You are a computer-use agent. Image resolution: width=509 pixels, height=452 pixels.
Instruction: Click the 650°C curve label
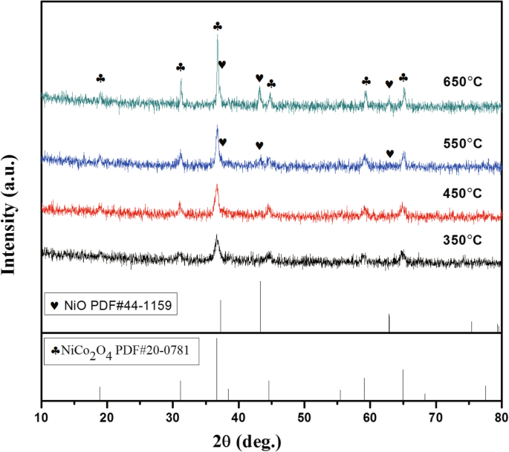(x=463, y=81)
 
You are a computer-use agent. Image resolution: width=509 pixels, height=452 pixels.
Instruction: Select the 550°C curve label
(x=463, y=144)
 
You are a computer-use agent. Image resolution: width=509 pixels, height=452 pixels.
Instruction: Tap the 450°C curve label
(x=463, y=194)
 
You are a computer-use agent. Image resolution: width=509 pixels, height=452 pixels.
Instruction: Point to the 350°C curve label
(x=463, y=240)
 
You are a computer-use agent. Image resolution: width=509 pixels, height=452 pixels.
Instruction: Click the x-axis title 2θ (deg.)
(x=246, y=442)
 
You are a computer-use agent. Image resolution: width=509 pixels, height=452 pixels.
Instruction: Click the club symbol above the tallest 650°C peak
(x=217, y=26)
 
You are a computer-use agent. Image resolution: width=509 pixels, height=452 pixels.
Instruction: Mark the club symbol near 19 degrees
(x=101, y=78)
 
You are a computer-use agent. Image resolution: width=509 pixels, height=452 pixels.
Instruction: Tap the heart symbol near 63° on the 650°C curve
(x=389, y=84)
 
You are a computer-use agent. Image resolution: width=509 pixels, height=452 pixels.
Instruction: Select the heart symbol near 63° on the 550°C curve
(x=390, y=153)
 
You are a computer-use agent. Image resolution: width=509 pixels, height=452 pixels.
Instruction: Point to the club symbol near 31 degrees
(x=181, y=67)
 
